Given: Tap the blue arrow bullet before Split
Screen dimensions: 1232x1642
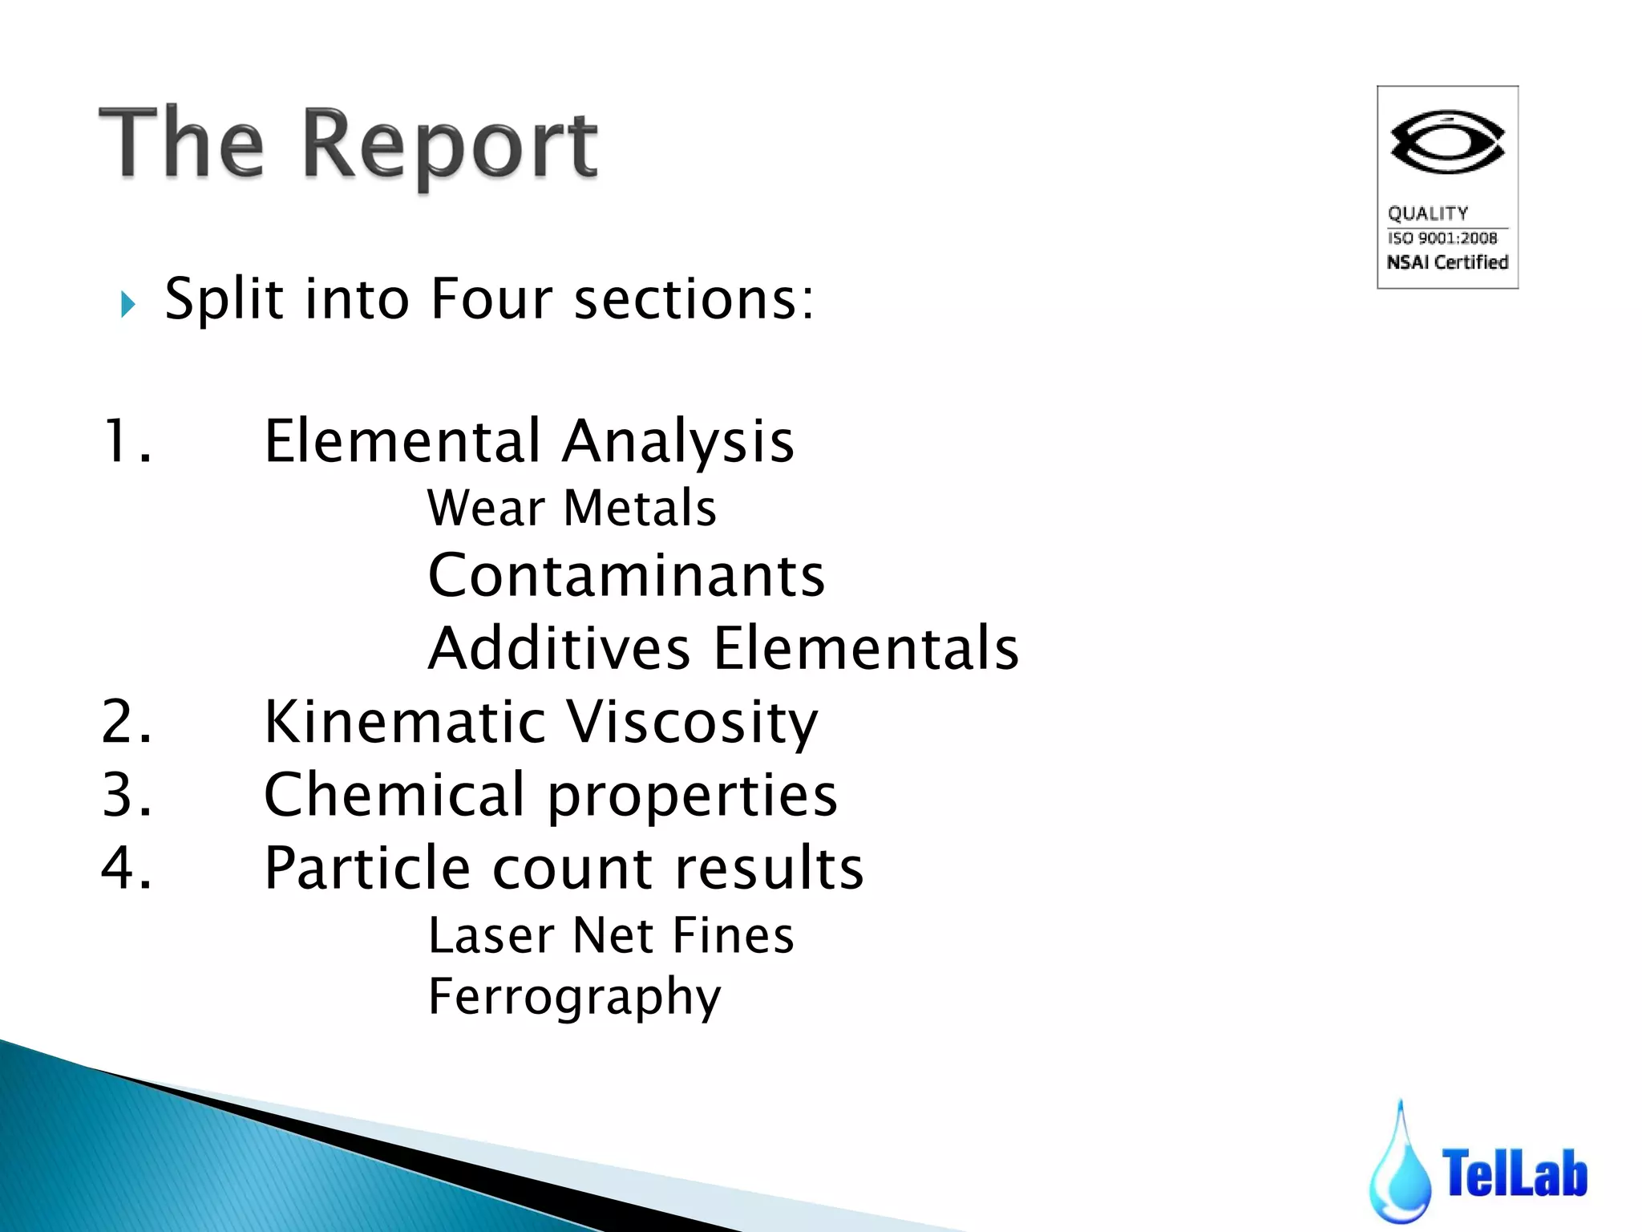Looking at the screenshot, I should (127, 304).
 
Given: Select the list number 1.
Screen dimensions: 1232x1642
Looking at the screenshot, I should (126, 441).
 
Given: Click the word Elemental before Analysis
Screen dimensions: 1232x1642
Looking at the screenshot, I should (402, 441).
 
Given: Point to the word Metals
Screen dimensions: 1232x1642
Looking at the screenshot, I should (640, 509).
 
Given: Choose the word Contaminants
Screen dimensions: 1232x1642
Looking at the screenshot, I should (626, 576).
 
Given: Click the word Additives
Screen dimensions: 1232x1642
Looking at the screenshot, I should (559, 648).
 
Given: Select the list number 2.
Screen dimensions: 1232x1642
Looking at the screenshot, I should (126, 722).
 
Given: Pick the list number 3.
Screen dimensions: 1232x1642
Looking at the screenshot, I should (126, 795).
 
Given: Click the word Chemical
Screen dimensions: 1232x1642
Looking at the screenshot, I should (394, 795).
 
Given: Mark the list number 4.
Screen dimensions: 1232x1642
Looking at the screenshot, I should (126, 868).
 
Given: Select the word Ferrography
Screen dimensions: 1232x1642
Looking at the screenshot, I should (574, 997).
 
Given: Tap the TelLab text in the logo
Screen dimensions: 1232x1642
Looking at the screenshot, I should (1515, 1173).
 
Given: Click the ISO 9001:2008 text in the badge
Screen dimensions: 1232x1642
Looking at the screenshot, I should (1442, 238).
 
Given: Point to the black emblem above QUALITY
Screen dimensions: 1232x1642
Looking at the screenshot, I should (1447, 143).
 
